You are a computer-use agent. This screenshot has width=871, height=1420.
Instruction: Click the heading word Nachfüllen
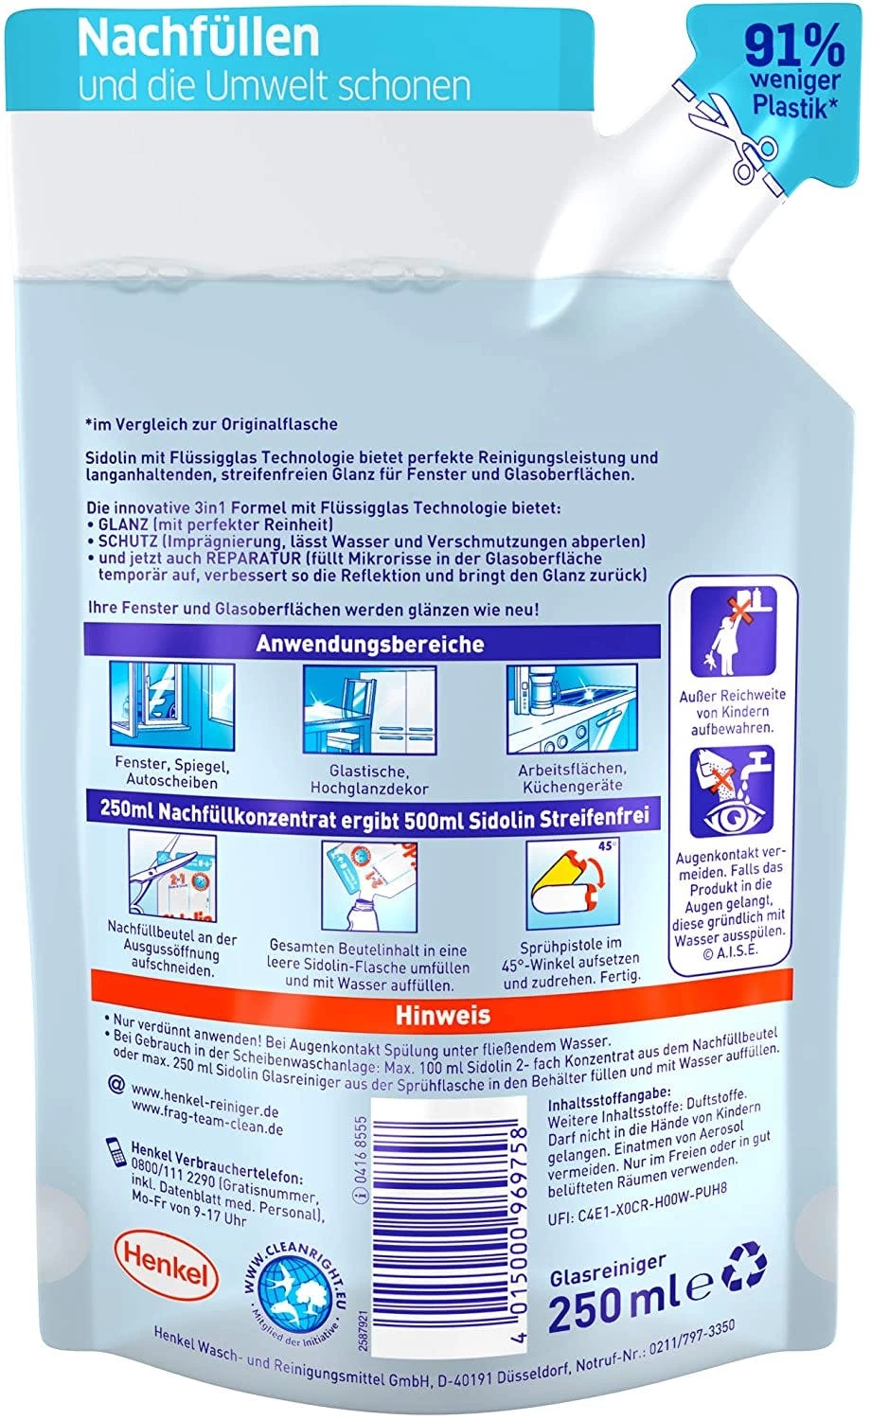coord(198,37)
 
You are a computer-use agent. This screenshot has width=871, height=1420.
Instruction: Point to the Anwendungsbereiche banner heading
coord(370,644)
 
